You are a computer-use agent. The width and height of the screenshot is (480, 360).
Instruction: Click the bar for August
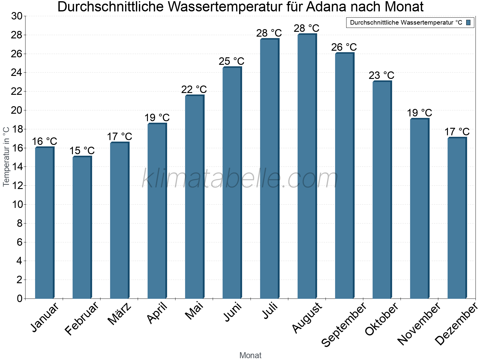coord(307,166)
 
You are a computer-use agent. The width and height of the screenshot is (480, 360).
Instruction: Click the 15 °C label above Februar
coord(82,151)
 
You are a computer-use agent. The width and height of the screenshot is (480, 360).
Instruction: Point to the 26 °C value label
coord(344,47)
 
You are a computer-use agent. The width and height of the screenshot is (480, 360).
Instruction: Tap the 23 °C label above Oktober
coord(381,75)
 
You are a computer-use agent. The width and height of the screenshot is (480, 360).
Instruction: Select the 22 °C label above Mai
coord(194,89)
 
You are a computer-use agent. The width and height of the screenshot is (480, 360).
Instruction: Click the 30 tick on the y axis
coord(17,16)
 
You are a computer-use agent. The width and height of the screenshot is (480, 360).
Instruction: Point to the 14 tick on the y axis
coord(17,167)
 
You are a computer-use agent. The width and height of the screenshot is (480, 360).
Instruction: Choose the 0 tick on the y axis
coord(19,298)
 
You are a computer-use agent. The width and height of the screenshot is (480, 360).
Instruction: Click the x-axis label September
coord(344,324)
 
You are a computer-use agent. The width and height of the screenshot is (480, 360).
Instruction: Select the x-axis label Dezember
coord(456,324)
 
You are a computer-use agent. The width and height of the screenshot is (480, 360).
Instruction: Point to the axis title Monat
coord(250,355)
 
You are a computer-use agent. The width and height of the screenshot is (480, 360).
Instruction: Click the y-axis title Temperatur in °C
coord(6,157)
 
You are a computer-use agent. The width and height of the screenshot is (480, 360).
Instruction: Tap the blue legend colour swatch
coord(468,22)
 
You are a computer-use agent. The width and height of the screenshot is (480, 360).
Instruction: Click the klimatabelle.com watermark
coord(240,179)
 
